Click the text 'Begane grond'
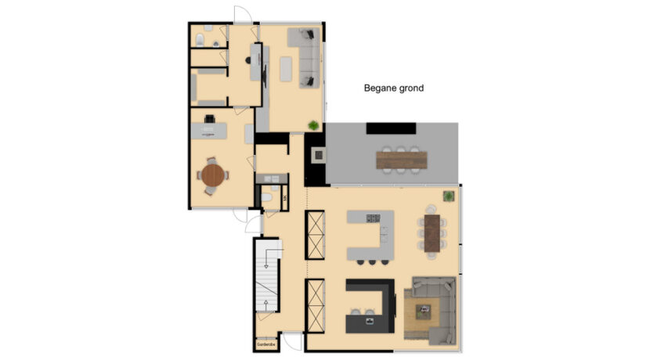393,88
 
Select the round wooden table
212,175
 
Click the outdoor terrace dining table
403,160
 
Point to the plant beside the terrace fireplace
313,125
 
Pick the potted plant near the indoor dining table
449,196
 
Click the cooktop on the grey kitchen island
373,218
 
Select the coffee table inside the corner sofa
425,311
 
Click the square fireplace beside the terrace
319,154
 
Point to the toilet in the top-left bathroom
200,38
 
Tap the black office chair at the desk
210,120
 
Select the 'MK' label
284,198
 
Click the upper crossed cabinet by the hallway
316,236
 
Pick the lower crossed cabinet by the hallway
316,304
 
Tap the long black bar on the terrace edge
391,128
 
